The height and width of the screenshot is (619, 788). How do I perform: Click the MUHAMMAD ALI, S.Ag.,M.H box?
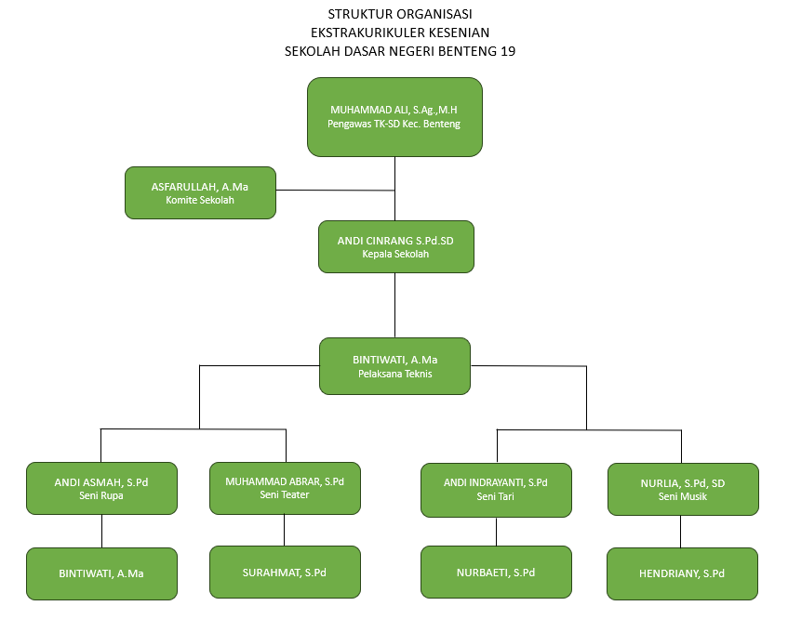point(394,116)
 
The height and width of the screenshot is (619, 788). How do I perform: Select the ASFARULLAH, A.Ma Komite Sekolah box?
point(200,192)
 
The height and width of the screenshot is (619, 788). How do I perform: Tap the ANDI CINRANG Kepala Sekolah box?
point(395,246)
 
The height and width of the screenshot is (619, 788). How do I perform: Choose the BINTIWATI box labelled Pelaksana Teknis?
point(394,365)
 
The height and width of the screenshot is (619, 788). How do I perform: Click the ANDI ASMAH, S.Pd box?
point(101,488)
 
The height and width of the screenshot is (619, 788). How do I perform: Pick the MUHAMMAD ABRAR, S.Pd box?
point(285,488)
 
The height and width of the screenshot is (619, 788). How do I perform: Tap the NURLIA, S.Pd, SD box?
point(682,489)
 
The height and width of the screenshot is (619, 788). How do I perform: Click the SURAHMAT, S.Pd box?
point(285,572)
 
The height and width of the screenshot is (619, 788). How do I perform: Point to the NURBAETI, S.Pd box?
point(496,573)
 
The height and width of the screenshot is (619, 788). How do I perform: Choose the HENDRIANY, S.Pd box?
point(682,573)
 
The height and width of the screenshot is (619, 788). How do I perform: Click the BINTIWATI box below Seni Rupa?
point(101,573)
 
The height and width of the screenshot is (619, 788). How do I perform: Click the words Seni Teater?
point(285,495)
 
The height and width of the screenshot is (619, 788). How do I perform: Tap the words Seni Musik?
point(682,496)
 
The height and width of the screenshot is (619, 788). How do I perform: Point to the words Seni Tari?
point(496,496)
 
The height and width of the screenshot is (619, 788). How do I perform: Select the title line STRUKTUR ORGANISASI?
point(400,14)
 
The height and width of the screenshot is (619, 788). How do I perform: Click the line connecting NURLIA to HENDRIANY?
point(682,531)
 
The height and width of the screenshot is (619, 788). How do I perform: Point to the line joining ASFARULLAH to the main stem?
point(335,190)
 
